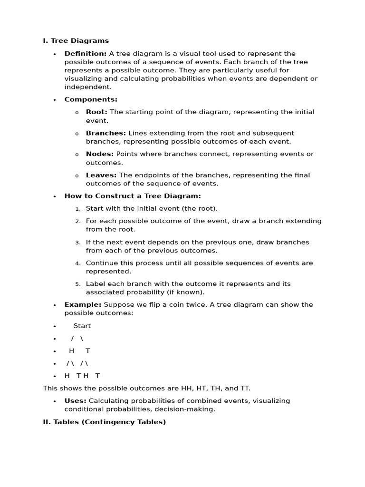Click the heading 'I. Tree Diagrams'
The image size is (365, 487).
[76, 41]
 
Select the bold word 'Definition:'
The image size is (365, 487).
[86, 54]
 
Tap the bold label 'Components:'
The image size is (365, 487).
[91, 99]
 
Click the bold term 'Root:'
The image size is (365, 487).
[96, 112]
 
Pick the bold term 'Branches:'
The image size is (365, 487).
[106, 133]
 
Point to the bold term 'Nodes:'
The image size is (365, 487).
[100, 154]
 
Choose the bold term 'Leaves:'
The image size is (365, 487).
[101, 175]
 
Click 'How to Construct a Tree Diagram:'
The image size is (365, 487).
[133, 196]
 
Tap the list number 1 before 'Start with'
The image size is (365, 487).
[78, 209]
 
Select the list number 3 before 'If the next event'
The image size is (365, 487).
[78, 243]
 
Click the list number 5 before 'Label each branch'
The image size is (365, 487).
[78, 284]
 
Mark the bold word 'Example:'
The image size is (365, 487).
[83, 305]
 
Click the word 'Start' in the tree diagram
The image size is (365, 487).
[82, 326]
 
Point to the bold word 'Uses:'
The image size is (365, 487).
[75, 401]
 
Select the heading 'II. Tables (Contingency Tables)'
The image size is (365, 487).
[104, 422]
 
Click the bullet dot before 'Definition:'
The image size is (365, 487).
[55, 54]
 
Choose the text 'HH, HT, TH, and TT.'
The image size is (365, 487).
[212, 389]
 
